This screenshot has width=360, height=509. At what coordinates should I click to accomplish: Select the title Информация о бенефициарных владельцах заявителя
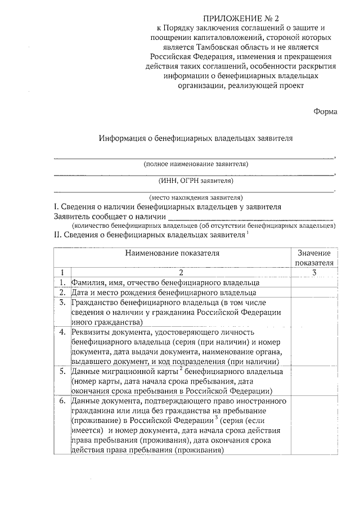pos(196,137)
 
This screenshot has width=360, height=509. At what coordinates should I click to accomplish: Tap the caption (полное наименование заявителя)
pos(196,164)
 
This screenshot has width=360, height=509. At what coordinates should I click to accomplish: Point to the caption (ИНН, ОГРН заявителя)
pos(196,181)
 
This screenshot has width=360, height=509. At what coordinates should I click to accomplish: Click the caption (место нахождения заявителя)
pos(196,197)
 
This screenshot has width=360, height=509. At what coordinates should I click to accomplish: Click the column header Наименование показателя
pos(172,253)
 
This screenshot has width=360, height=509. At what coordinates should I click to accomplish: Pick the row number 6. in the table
pos(62,401)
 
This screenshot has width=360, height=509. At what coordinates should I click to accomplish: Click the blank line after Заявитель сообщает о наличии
pos(251,216)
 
